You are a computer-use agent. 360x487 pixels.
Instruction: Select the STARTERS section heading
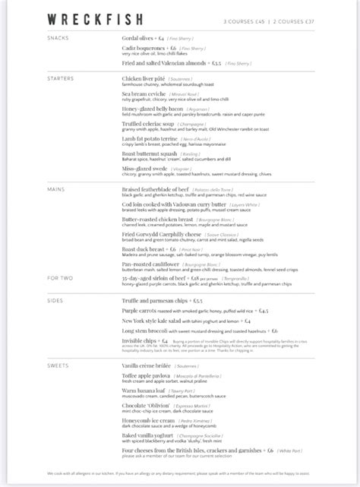coord(62,78)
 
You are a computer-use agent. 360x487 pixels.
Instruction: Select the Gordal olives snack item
coord(141,37)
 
